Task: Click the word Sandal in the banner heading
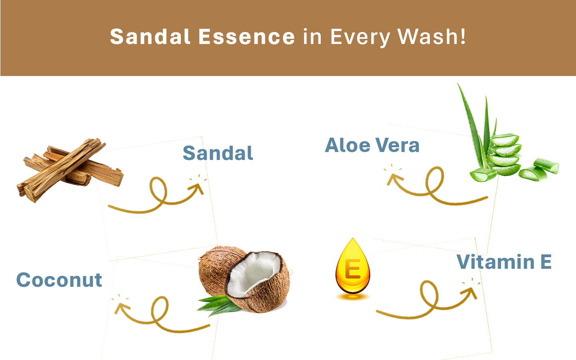click(150, 36)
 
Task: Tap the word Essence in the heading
click(246, 36)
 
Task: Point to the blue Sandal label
click(218, 153)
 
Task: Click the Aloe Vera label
click(372, 145)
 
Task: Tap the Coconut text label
click(59, 280)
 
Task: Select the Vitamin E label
click(504, 262)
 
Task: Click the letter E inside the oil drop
click(352, 269)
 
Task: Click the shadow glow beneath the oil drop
click(353, 297)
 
